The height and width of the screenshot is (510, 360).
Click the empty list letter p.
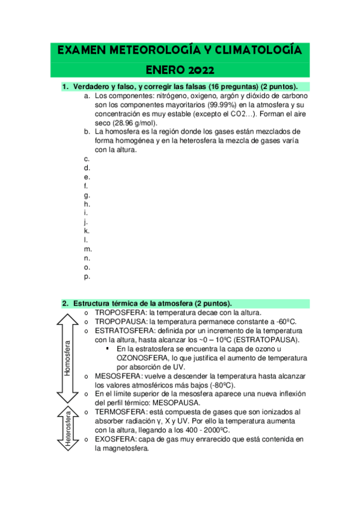[87, 277]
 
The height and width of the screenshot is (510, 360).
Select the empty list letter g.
[87, 195]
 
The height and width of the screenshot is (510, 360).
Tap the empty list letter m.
[88, 249]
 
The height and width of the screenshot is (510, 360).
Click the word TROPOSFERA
[121, 313]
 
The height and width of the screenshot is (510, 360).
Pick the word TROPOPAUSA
[121, 322]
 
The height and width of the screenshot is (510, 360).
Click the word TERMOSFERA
[120, 412]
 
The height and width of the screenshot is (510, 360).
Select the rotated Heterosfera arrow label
[67, 428]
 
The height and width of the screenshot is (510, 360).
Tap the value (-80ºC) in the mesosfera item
[218, 385]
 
